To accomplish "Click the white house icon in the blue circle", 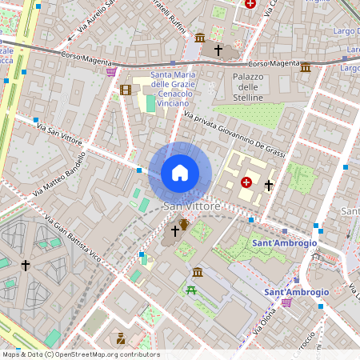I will pyautogui.click(x=180, y=172).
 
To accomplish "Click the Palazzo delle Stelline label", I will pyautogui.click(x=247, y=86).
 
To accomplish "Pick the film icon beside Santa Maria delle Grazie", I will pyautogui.click(x=126, y=90).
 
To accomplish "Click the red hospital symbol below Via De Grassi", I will pyautogui.click(x=246, y=182).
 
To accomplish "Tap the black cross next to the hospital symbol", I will pyautogui.click(x=269, y=185).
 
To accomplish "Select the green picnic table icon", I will pyautogui.click(x=191, y=290).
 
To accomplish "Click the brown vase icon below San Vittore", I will pyautogui.click(x=185, y=223).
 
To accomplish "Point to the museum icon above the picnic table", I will pyautogui.click(x=198, y=273).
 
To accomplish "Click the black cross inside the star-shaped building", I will pyautogui.click(x=26, y=265).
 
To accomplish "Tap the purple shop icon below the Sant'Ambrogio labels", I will pyautogui.click(x=286, y=302).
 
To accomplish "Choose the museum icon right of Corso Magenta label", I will pyautogui.click(x=306, y=67).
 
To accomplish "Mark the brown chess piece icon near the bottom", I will pyautogui.click(x=121, y=338).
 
